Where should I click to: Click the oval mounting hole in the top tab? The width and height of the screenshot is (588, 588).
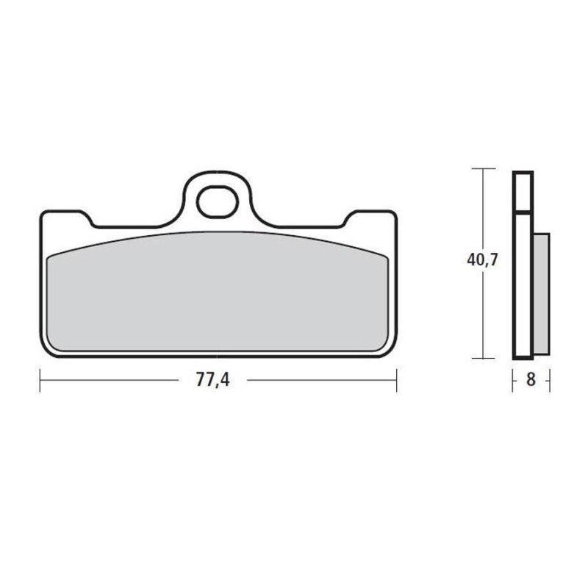tap(218, 202)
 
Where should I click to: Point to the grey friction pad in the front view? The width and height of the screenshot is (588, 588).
tap(218, 294)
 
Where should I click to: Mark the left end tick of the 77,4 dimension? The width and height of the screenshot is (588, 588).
tap(40, 381)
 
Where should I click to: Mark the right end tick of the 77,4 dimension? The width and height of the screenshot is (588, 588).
tap(397, 381)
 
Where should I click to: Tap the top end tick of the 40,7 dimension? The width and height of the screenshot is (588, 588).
tap(482, 169)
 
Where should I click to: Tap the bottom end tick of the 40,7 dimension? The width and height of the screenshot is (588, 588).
tap(482, 358)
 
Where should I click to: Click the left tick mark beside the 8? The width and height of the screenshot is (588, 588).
tap(514, 381)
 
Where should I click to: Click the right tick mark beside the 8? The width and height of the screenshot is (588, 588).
tap(548, 381)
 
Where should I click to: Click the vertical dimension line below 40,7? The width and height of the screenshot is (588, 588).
tap(482, 316)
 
